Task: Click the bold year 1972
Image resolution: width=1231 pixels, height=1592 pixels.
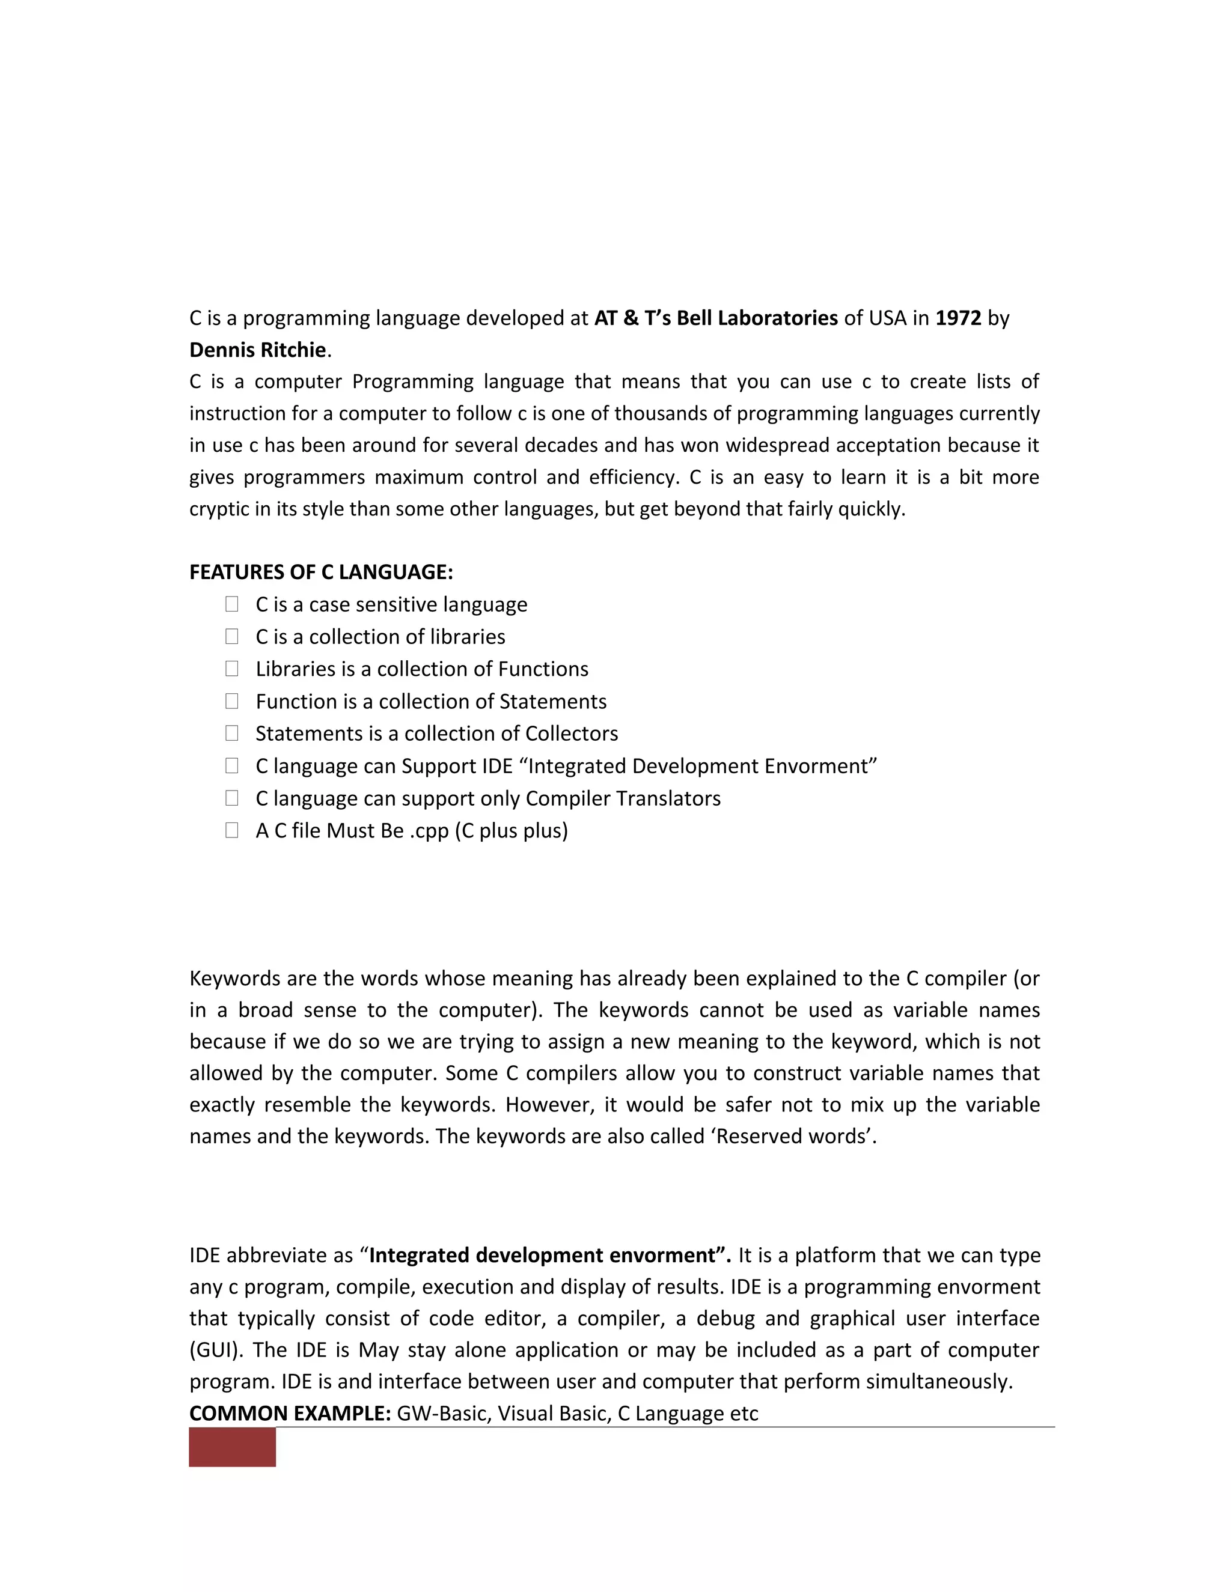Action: pos(958,318)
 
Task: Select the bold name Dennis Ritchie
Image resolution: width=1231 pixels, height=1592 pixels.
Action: pos(257,351)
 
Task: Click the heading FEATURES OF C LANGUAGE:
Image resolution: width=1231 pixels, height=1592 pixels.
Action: pos(321,572)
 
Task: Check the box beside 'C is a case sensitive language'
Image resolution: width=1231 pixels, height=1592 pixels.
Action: pos(232,604)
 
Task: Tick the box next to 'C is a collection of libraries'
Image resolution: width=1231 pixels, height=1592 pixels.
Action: pos(232,636)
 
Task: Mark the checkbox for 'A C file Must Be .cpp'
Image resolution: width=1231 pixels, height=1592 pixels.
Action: pos(232,830)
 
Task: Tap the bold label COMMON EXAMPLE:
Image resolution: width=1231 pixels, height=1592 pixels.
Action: pos(290,1414)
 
